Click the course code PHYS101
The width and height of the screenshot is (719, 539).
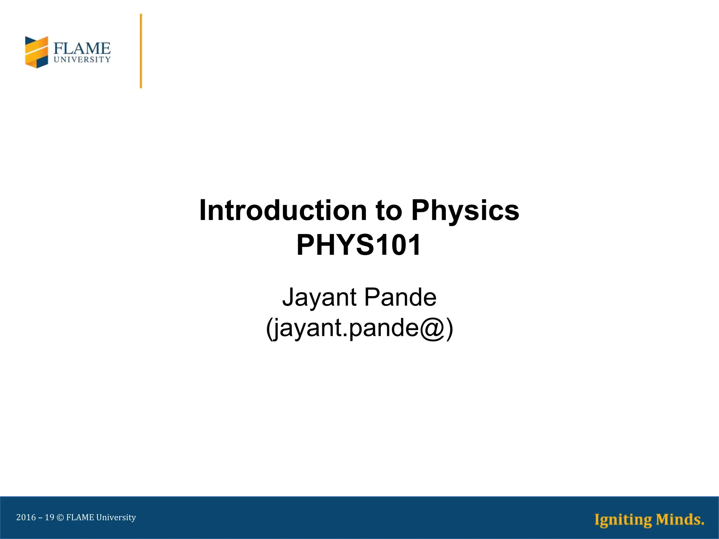point(358,245)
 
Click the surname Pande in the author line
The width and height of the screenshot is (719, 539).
point(400,297)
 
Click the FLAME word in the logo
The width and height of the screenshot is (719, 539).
point(82,48)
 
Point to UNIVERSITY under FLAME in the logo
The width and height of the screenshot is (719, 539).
point(82,60)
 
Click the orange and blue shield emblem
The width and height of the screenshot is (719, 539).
point(37,52)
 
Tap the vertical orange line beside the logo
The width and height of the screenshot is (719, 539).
point(141,51)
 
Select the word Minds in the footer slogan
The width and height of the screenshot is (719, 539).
point(679,519)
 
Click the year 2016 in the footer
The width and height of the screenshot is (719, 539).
point(26,518)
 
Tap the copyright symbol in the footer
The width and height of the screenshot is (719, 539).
point(60,518)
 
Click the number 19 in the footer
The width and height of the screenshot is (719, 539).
point(50,518)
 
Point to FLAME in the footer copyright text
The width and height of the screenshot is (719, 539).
point(80,518)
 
